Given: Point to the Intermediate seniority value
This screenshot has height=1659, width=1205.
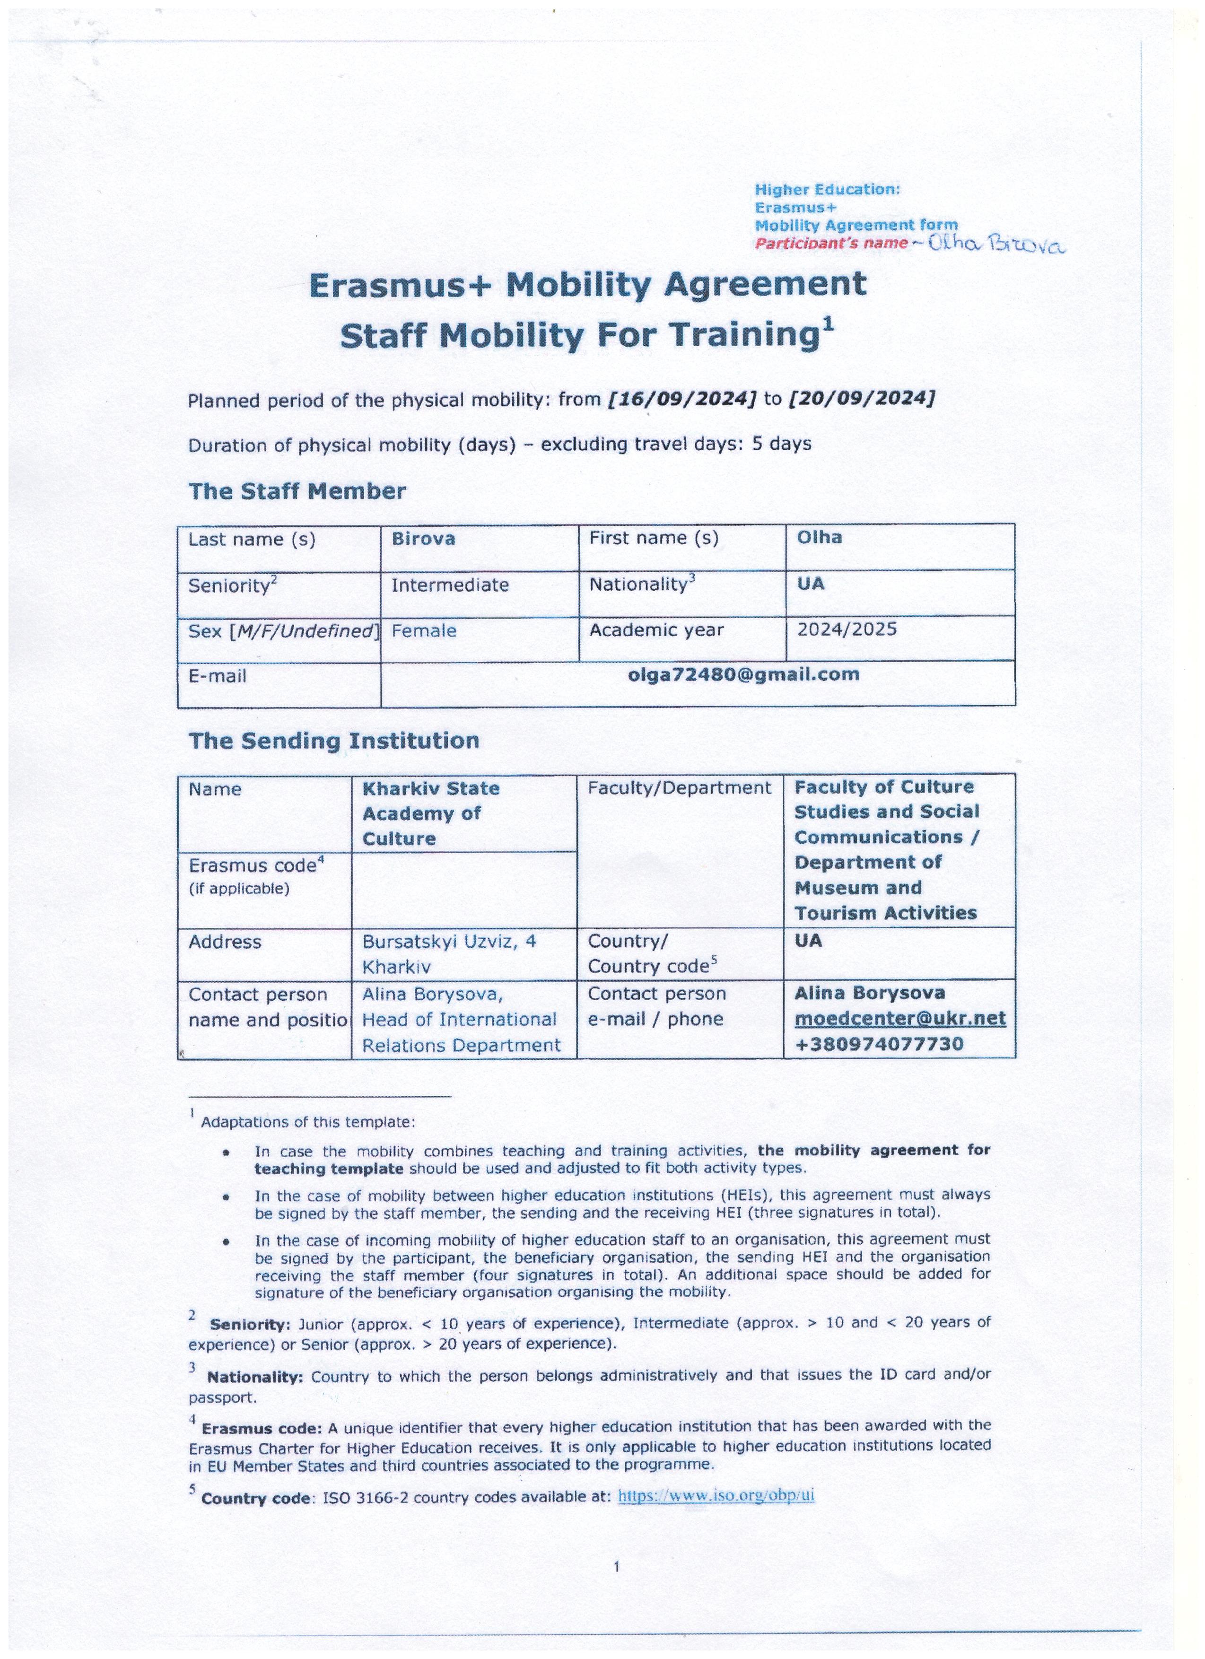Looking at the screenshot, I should (449, 585).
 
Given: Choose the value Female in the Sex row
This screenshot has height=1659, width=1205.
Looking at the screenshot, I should (424, 630).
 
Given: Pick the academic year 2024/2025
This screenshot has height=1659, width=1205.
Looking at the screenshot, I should (847, 629).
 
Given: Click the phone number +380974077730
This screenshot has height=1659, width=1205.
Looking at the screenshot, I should (879, 1044).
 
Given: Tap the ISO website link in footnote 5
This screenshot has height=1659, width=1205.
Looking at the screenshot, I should (716, 1495).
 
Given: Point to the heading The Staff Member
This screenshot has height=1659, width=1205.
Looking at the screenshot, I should (297, 491).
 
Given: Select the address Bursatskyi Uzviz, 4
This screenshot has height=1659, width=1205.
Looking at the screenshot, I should (448, 942).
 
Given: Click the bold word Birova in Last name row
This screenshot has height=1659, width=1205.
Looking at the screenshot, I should (423, 539).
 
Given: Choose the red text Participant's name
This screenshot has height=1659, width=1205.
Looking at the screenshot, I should (830, 244).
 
